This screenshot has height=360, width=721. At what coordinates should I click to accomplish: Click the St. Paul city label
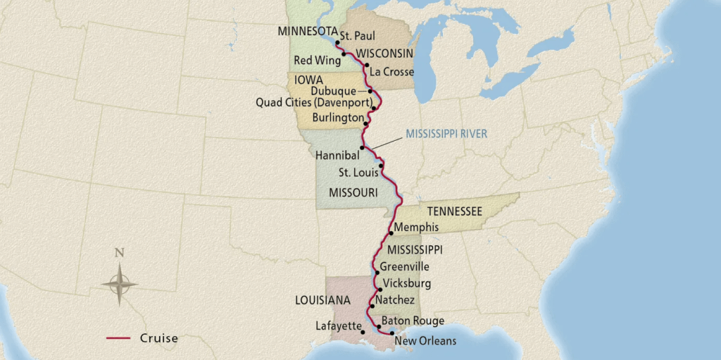click(357, 36)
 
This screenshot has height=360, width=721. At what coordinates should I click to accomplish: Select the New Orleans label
click(425, 341)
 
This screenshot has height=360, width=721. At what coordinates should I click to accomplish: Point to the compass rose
click(119, 283)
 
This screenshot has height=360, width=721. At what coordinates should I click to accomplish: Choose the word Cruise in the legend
click(158, 338)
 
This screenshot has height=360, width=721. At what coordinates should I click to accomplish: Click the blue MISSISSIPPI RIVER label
click(446, 133)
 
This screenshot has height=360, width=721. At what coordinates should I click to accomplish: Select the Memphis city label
click(417, 228)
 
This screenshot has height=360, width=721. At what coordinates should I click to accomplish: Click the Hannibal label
click(338, 154)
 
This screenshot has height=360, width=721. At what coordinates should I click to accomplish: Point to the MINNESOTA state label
click(306, 32)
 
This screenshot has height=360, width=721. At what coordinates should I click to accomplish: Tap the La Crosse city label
click(391, 72)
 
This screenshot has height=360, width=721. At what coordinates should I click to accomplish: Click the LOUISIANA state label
click(323, 300)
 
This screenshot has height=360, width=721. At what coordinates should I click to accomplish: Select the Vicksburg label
click(407, 284)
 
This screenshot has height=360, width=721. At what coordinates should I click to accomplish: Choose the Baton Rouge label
click(413, 321)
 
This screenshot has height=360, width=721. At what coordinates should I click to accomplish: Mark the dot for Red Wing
click(344, 54)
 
